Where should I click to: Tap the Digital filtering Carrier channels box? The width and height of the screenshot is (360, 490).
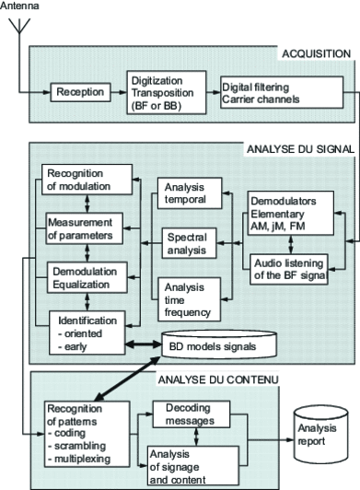265,93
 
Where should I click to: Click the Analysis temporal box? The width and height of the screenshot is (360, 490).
188,193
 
